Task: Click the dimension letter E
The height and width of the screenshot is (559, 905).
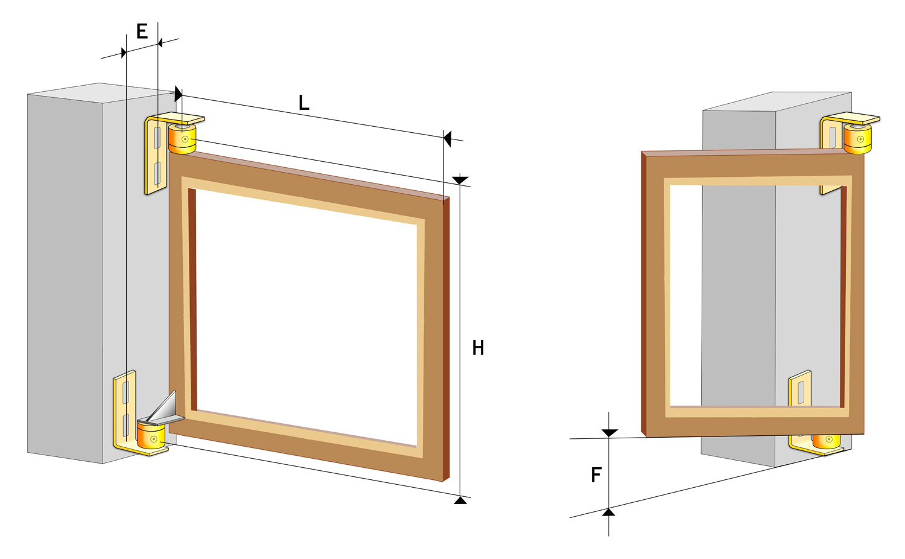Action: click(x=142, y=31)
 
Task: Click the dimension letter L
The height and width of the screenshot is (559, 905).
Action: click(x=304, y=103)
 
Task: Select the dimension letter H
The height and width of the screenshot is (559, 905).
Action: click(x=478, y=348)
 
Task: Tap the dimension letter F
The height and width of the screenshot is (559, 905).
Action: click(x=596, y=474)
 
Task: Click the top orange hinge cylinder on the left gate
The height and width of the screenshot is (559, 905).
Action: click(x=182, y=139)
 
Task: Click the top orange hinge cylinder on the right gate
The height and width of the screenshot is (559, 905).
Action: click(x=857, y=139)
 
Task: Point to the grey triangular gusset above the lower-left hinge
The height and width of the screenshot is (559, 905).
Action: click(x=166, y=407)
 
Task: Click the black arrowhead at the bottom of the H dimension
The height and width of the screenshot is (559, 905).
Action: click(x=460, y=500)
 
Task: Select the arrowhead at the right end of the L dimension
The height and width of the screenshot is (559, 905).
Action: click(x=447, y=138)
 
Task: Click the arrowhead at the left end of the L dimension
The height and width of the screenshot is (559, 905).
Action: click(x=179, y=94)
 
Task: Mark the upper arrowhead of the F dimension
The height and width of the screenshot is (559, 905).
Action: click(x=609, y=433)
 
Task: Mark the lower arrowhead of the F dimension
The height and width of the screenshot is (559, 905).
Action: click(x=608, y=512)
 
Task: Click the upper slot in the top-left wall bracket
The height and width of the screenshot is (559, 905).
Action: click(x=157, y=138)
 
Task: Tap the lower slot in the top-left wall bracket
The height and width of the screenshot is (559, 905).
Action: click(x=157, y=173)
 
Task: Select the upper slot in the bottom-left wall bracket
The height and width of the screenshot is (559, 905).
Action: click(x=125, y=392)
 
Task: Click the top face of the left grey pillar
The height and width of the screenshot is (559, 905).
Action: click(x=101, y=93)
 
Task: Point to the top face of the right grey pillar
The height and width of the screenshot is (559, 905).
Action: click(x=776, y=102)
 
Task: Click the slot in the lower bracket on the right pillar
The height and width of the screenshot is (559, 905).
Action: click(x=801, y=393)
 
